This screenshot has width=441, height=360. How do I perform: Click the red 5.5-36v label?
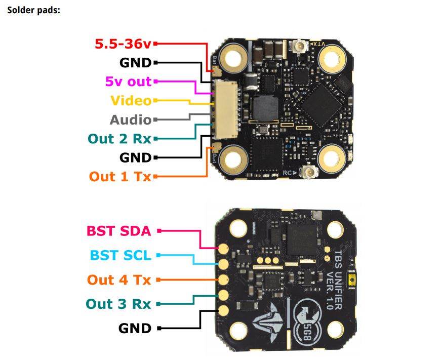point(123,44)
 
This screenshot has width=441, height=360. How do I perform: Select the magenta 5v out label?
point(128,81)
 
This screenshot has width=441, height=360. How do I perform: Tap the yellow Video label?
point(131,100)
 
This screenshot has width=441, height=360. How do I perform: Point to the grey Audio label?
point(131,119)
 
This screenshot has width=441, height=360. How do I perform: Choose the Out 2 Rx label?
point(119,138)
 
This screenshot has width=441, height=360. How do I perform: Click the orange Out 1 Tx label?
point(120,176)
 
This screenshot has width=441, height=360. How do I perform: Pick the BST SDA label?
point(119,231)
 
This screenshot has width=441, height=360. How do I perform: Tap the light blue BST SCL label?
point(121,255)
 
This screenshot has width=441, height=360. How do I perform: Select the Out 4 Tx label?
point(119,279)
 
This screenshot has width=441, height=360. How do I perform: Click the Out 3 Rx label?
point(118,304)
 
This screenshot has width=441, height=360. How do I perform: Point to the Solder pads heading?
point(33,10)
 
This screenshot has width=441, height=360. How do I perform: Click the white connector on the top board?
point(221,109)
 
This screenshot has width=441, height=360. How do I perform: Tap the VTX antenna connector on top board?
point(297,49)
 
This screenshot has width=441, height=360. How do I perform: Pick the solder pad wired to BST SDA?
point(223,249)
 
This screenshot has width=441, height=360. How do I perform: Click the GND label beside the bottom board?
point(135,328)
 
